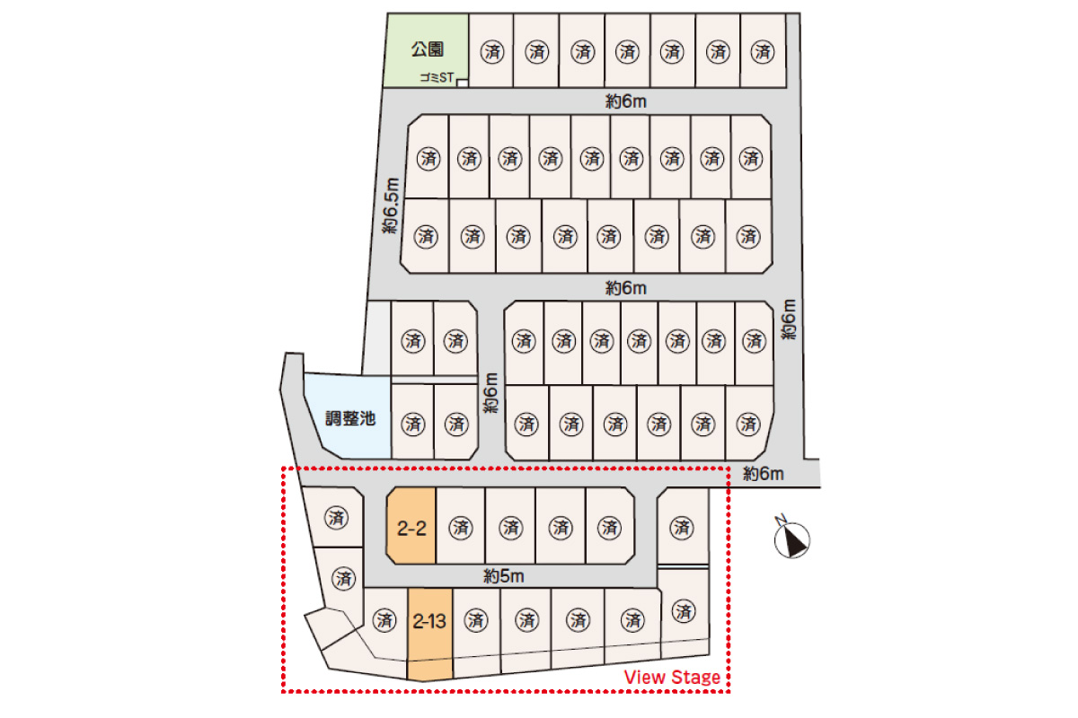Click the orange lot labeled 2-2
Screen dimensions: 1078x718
411,526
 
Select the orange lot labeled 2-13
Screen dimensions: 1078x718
429,634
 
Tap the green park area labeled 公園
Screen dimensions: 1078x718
426,50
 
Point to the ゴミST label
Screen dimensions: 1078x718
437,77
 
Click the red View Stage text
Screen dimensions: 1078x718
672,677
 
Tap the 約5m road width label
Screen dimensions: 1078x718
503,575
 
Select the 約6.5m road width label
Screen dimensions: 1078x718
392,206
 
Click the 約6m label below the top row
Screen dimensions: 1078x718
625,101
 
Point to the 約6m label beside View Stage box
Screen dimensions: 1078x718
764,474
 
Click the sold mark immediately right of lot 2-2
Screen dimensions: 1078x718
461,528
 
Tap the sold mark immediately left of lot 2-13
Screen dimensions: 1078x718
384,620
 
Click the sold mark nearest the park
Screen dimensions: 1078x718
492,51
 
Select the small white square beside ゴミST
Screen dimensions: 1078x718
462,83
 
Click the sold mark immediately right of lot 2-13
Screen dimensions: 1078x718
476,620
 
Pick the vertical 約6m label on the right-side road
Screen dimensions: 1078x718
789,320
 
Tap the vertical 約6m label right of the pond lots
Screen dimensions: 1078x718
490,393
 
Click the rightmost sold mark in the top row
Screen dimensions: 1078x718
763,51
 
